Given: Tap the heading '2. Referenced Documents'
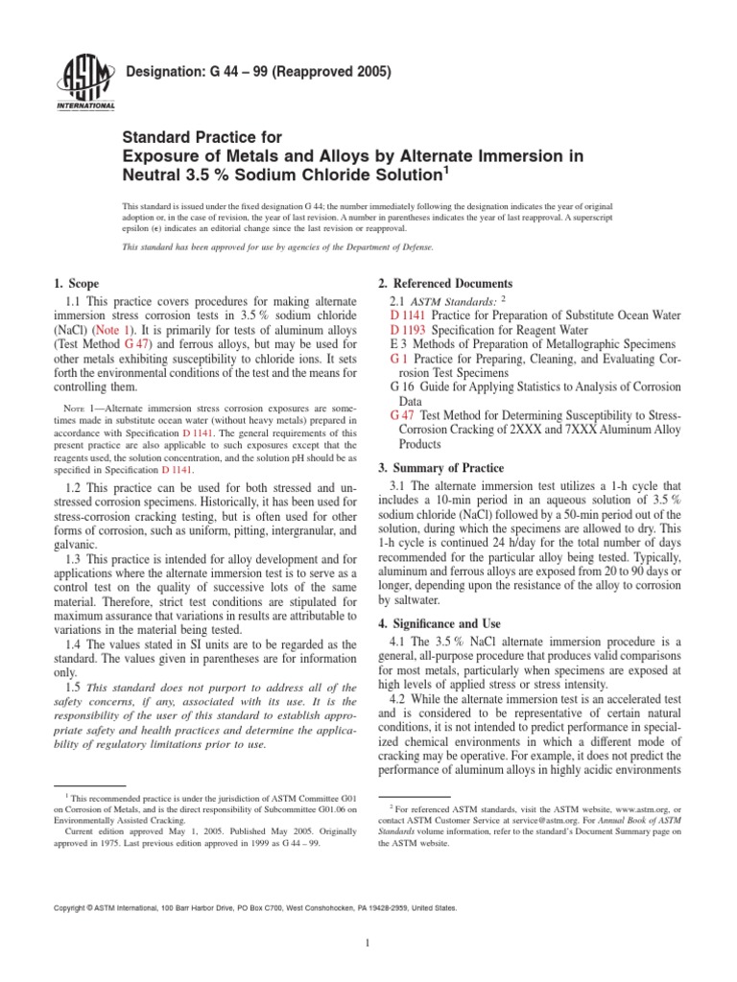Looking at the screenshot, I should click(x=445, y=284).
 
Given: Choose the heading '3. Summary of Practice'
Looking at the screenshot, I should click(x=440, y=468).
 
